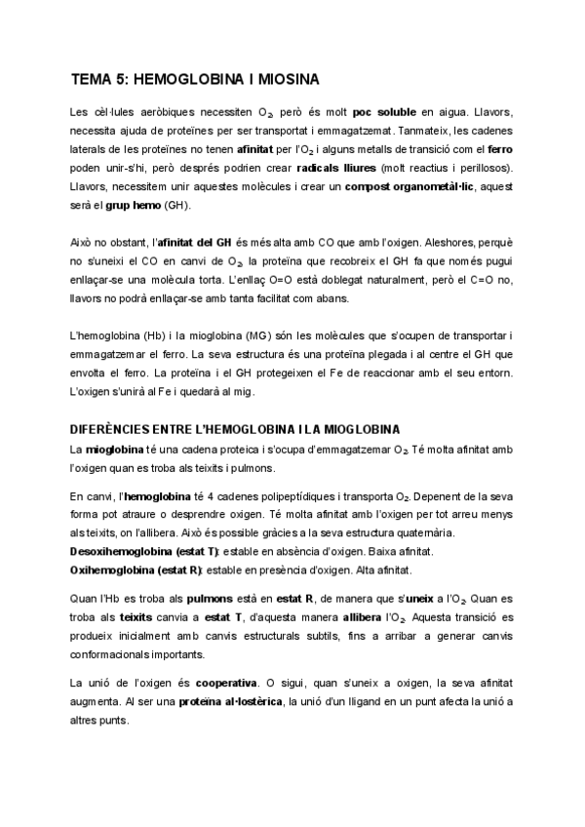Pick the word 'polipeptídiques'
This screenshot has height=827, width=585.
coord(289,496)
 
